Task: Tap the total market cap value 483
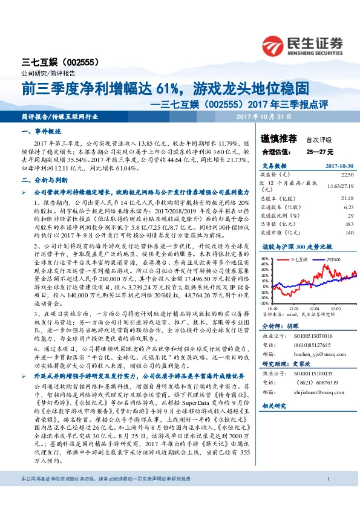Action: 350,224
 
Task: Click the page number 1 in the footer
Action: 327,496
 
